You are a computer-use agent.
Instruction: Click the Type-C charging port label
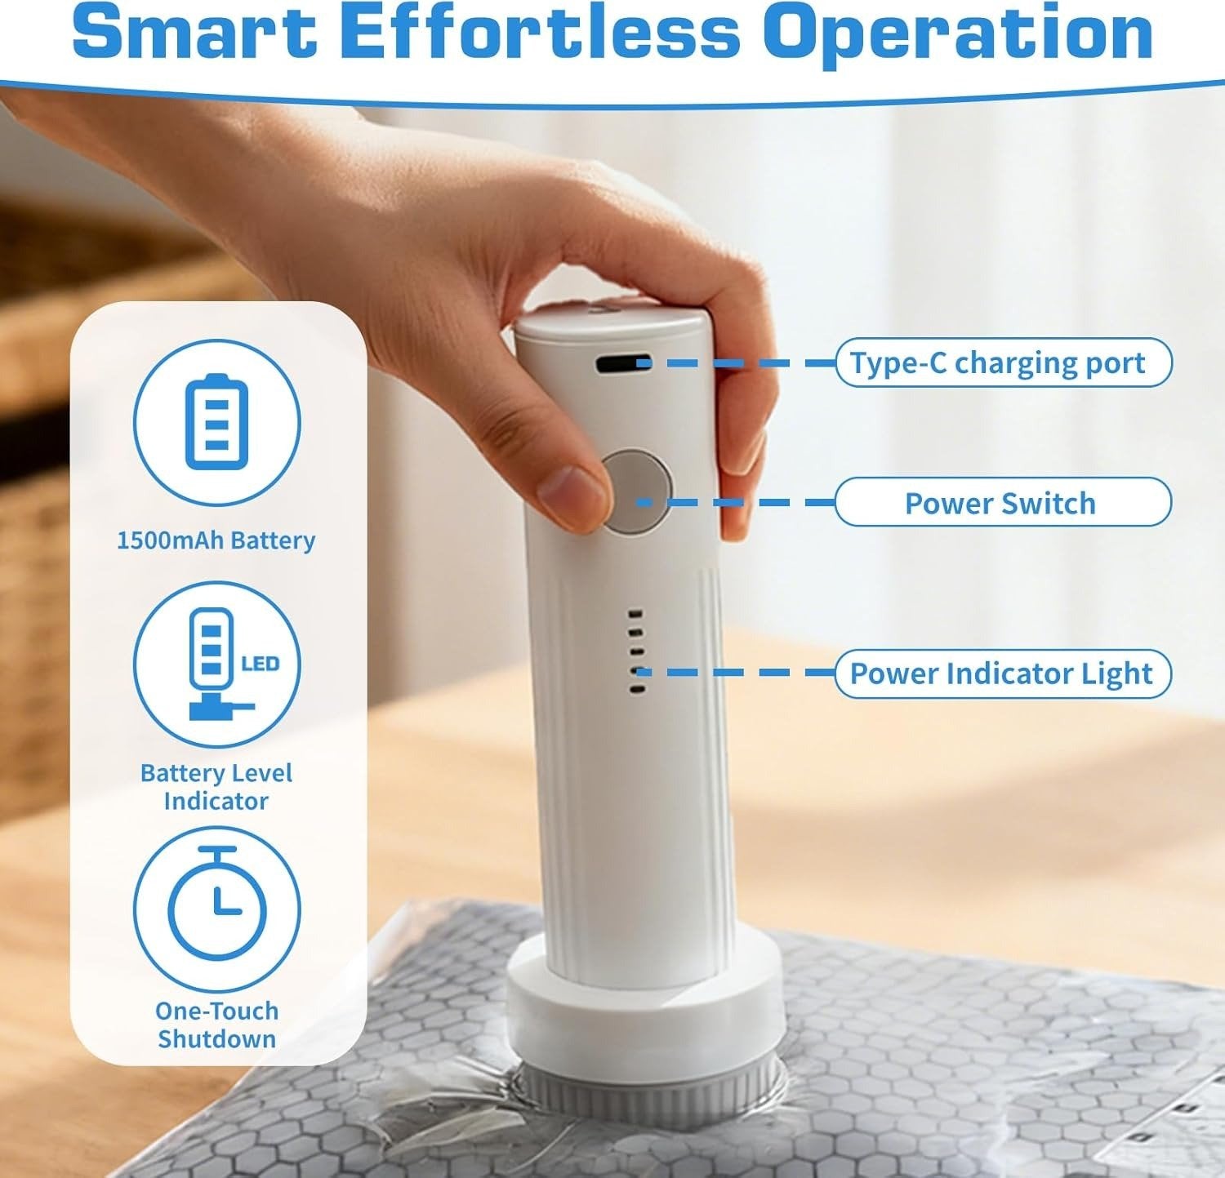1003,362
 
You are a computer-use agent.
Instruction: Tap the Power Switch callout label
1003,502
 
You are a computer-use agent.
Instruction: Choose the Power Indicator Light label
1003,673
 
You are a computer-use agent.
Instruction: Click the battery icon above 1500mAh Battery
216,422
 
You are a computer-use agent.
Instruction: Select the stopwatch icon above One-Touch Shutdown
217,902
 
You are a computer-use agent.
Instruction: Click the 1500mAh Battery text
216,540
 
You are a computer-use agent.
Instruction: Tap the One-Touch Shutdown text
217,1025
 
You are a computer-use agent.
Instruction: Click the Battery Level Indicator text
216,787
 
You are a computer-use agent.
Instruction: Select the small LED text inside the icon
261,664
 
